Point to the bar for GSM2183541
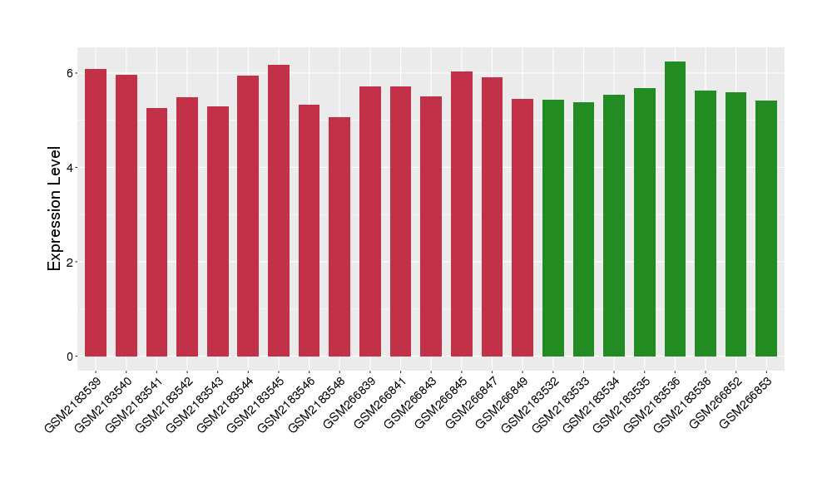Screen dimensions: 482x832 tap(156, 233)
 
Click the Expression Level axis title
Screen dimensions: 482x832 tap(55, 209)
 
